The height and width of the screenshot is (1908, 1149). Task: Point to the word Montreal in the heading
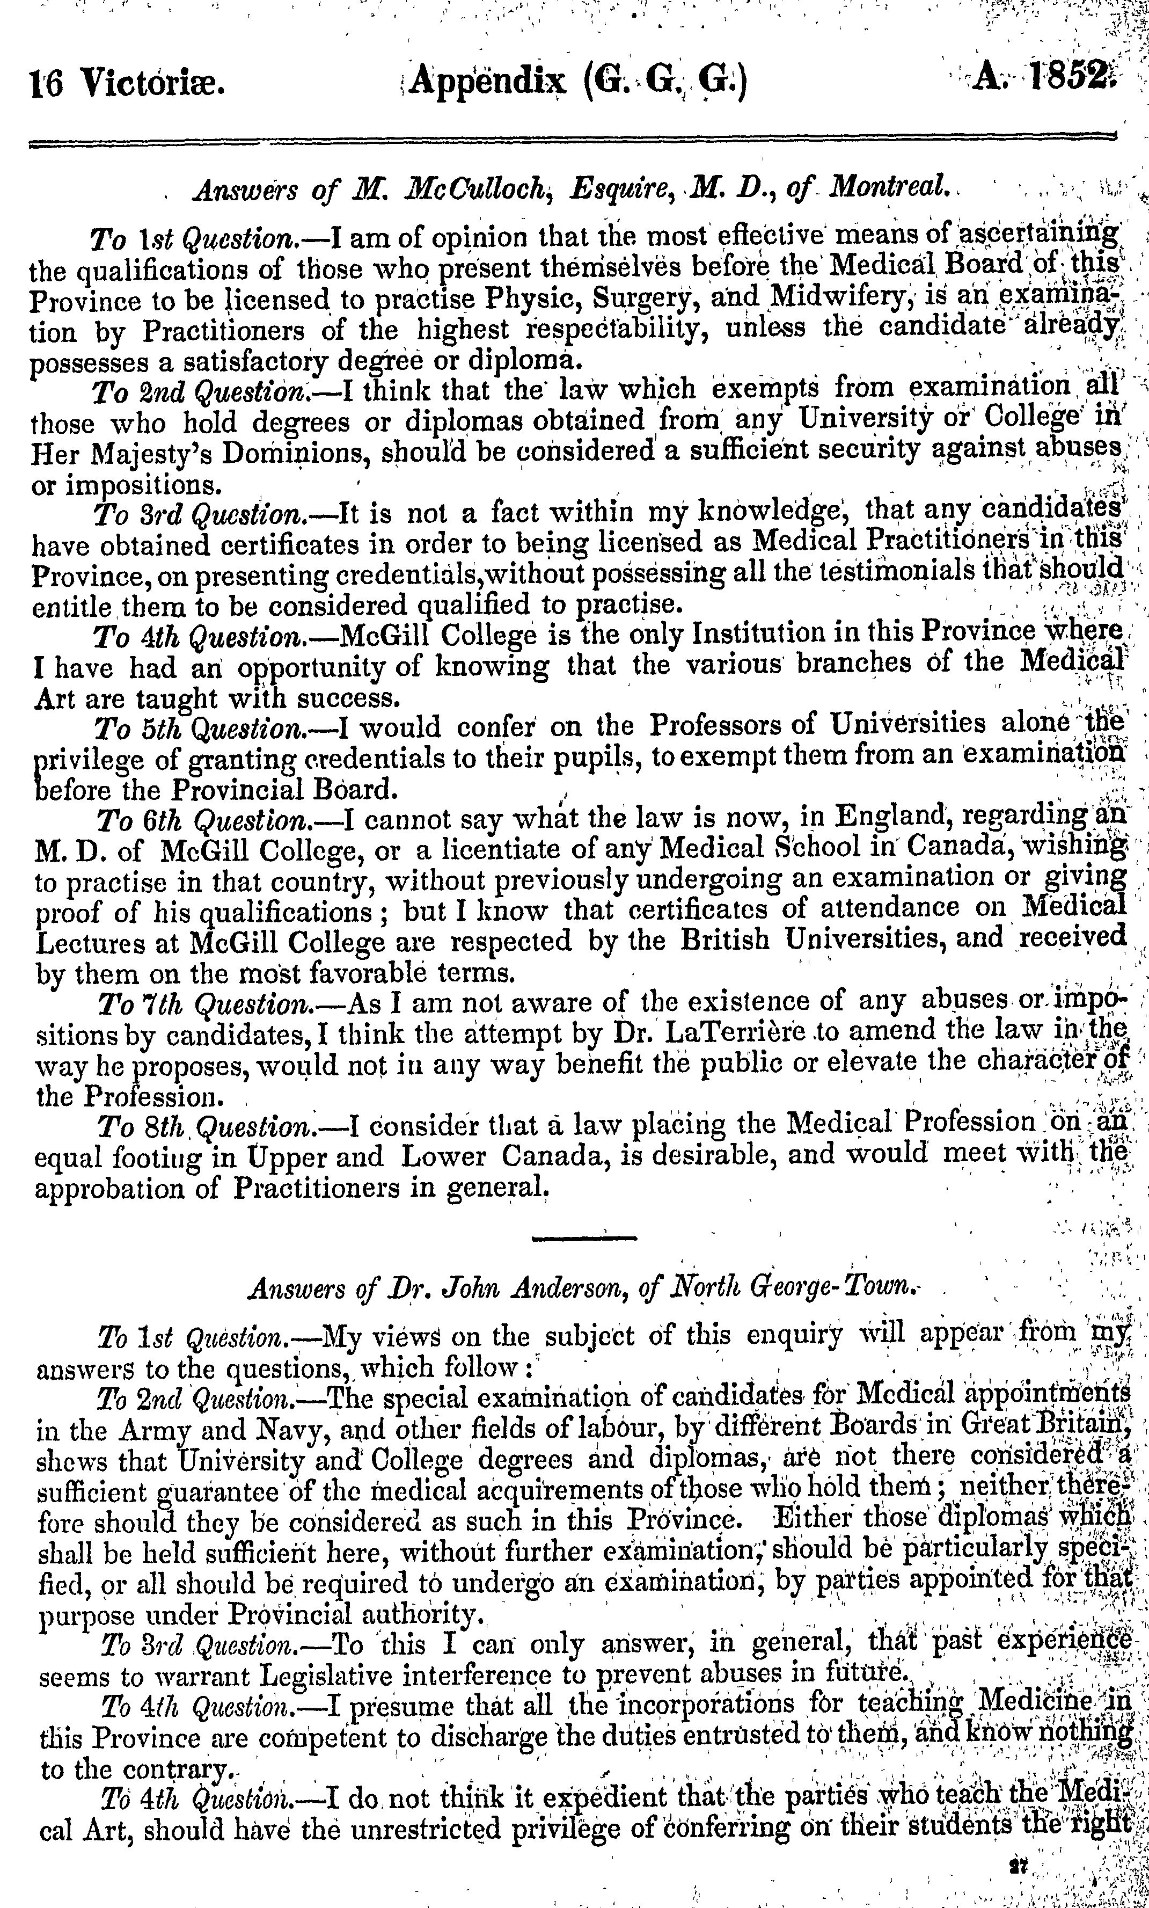click(x=890, y=188)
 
